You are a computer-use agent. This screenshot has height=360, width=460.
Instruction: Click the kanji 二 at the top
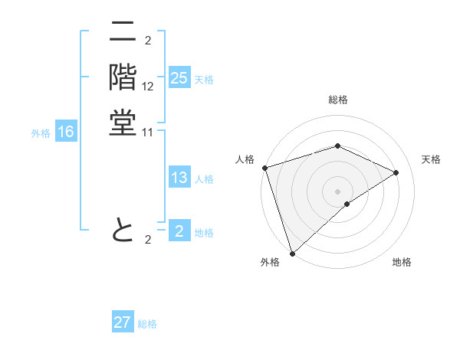coord(122,32)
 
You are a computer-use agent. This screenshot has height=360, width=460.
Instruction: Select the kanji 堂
coord(122,123)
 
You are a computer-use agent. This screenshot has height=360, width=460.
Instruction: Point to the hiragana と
coord(122,229)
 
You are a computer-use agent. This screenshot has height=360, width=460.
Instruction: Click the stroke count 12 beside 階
coord(148,87)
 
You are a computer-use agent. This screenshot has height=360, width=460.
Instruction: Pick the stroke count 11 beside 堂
coord(148,133)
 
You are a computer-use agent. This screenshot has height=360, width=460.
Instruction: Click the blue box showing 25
coord(179,78)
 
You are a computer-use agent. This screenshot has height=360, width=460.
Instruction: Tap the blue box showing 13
coord(179,178)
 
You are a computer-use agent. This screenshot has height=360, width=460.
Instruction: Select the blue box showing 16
coord(66,133)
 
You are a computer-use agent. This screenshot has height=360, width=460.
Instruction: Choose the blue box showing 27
coord(123,322)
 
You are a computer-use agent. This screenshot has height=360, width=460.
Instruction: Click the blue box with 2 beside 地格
coord(179,231)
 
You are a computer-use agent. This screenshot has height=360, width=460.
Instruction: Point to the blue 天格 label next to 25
coord(204,80)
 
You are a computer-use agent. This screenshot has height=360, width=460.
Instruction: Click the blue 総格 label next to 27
coord(147,324)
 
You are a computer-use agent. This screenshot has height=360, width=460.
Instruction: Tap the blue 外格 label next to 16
coord(41,133)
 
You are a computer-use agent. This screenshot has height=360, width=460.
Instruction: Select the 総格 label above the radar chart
coord(338,100)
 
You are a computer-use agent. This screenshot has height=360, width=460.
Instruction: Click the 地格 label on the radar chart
coord(402,263)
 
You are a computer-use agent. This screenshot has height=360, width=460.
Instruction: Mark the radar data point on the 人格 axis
coord(264,168)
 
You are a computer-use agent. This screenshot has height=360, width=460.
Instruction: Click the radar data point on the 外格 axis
coord(292,253)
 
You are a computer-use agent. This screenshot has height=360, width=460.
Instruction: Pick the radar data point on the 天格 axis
coord(396,172)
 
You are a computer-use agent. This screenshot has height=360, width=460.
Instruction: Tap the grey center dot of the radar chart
coord(337,191)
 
